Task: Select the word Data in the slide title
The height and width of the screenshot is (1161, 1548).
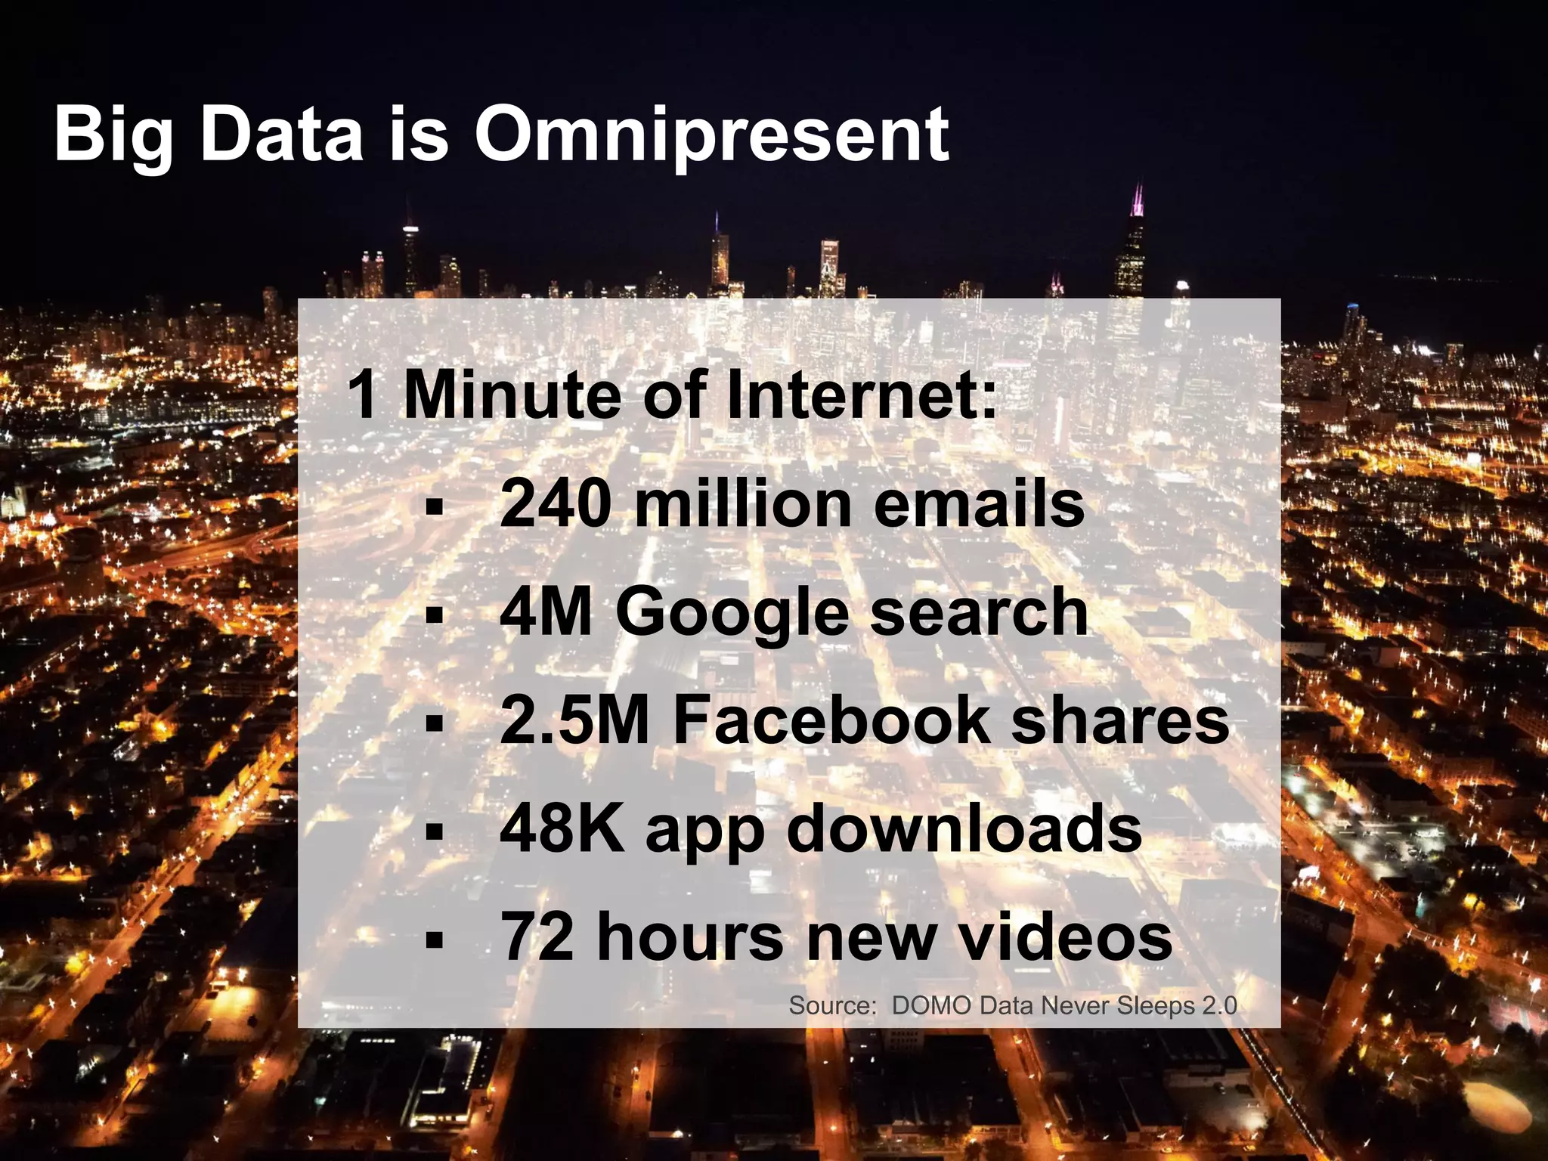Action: click(282, 136)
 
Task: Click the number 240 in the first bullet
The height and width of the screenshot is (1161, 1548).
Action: click(555, 504)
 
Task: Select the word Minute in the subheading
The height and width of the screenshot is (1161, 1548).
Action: click(512, 395)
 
